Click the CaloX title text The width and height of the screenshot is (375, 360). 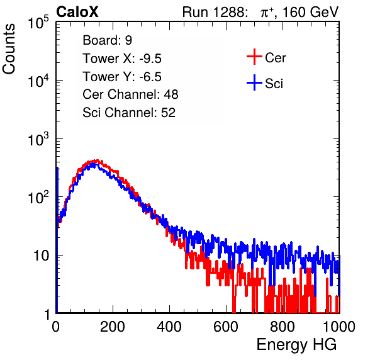[x=77, y=12]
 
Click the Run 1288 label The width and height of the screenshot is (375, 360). [x=214, y=12]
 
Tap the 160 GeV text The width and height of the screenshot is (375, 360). [x=311, y=12]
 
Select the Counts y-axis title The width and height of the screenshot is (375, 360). [x=9, y=49]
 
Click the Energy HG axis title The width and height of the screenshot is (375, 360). [x=296, y=345]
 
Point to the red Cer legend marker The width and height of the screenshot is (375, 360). [x=254, y=57]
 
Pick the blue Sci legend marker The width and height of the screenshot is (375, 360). [x=254, y=82]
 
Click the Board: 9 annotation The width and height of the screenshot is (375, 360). [x=108, y=40]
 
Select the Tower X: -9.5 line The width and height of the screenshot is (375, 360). [x=122, y=59]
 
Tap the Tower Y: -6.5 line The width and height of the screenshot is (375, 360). [x=122, y=77]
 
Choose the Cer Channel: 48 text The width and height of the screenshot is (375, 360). [x=130, y=94]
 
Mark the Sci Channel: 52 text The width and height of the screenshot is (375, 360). [x=129, y=113]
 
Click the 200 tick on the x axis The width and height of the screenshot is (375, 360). [x=113, y=327]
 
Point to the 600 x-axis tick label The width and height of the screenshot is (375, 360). [x=226, y=327]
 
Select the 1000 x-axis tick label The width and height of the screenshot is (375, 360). [x=339, y=327]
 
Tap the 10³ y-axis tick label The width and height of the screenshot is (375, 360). [x=38, y=139]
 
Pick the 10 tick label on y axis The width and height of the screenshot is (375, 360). [x=41, y=256]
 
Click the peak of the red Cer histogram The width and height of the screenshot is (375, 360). [x=96, y=160]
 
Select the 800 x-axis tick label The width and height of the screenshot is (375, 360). [x=283, y=327]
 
